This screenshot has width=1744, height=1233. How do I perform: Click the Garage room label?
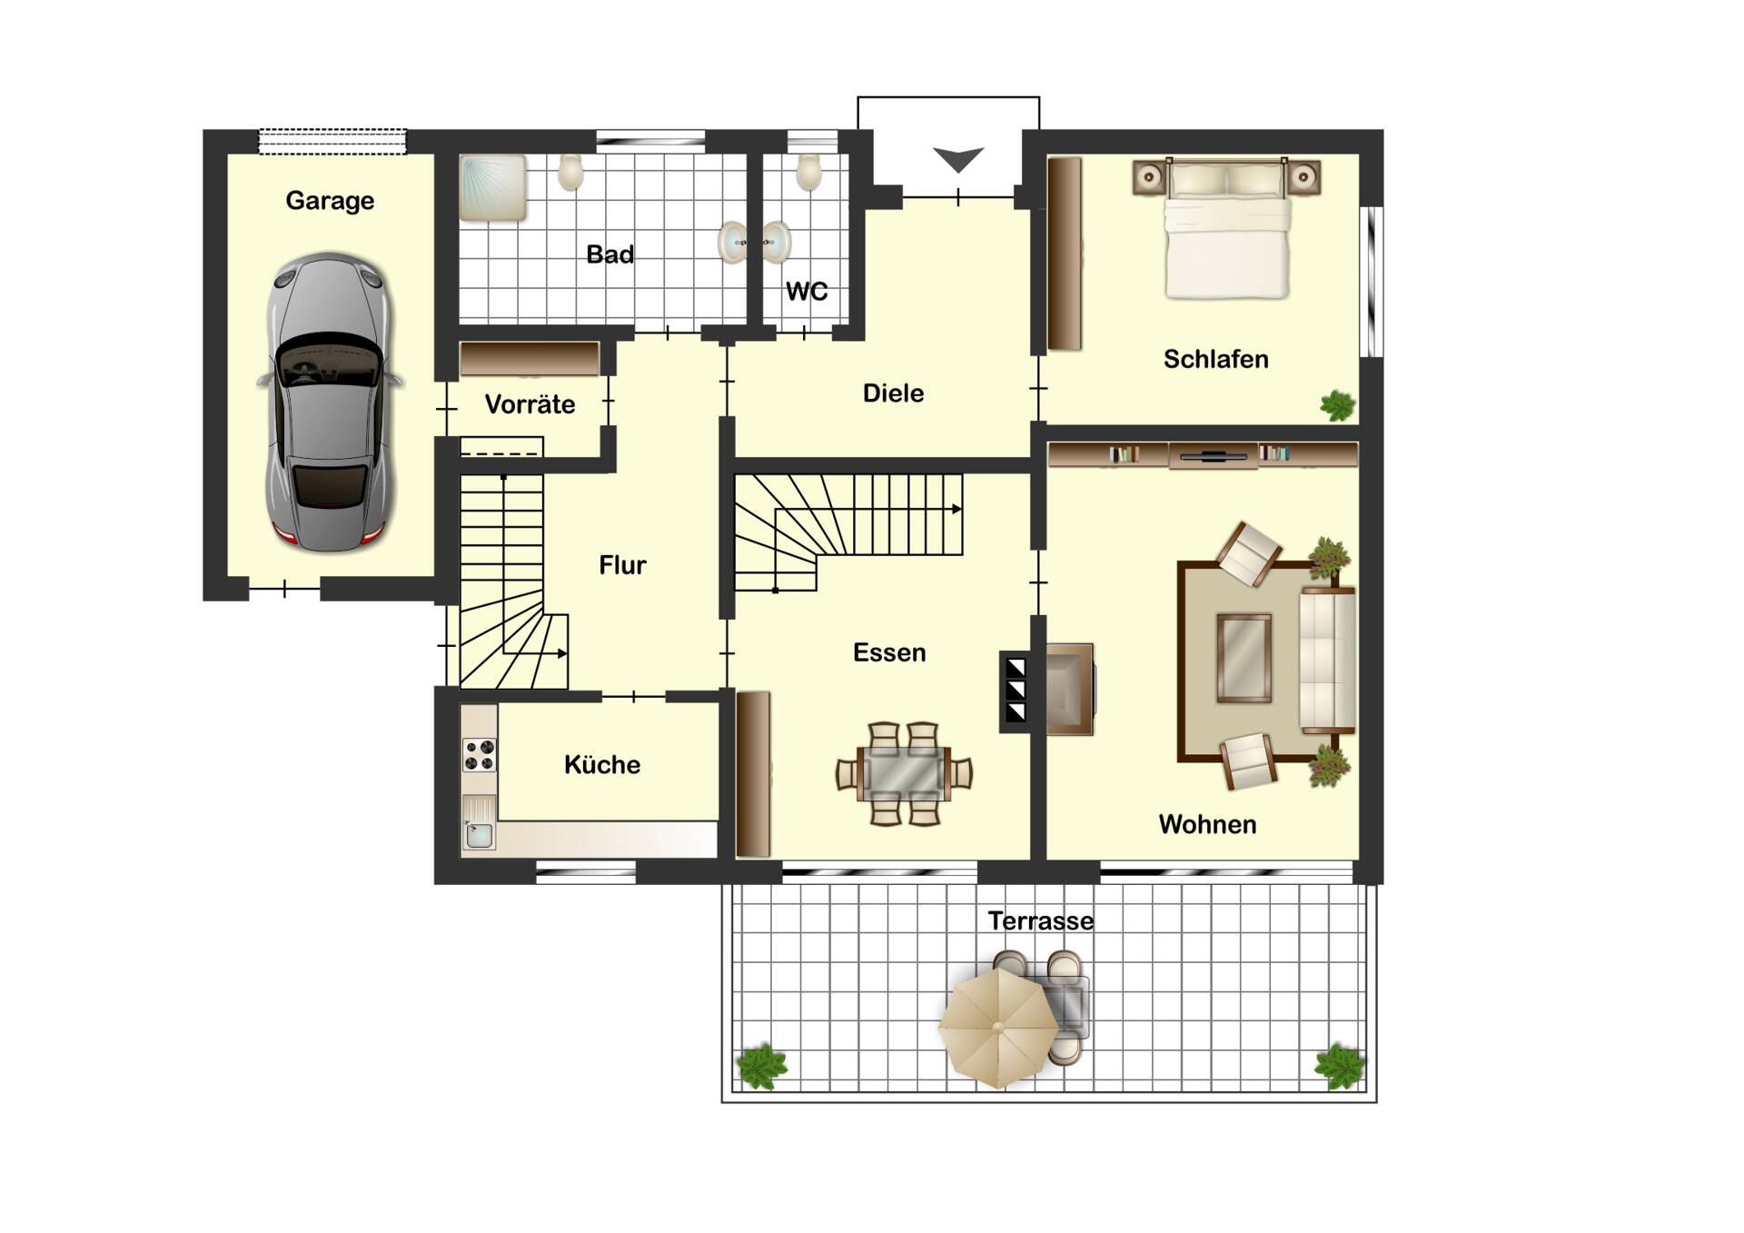(330, 201)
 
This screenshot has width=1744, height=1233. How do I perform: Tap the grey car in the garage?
(330, 403)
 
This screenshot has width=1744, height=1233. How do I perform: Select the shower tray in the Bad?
(493, 188)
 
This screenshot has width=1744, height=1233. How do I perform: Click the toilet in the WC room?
(808, 172)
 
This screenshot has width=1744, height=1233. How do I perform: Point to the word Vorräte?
(530, 404)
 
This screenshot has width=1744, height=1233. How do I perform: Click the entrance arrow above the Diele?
(958, 160)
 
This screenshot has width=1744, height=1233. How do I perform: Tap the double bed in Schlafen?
(1227, 229)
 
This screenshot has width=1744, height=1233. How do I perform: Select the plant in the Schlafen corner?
(1337, 405)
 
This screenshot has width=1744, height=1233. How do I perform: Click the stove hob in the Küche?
(480, 755)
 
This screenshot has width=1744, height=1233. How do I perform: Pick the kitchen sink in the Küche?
(479, 823)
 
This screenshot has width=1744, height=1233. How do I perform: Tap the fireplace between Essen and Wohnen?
(1016, 691)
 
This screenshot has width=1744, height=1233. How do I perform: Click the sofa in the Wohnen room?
(1327, 660)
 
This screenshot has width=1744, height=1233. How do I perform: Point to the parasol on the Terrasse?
(998, 1028)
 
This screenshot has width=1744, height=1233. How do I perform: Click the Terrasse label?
(1041, 921)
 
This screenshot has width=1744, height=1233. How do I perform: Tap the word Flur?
(622, 565)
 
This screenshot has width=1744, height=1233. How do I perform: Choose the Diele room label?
(893, 393)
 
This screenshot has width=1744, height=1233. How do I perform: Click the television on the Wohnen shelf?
(1213, 454)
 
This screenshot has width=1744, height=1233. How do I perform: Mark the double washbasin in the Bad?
(755, 242)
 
